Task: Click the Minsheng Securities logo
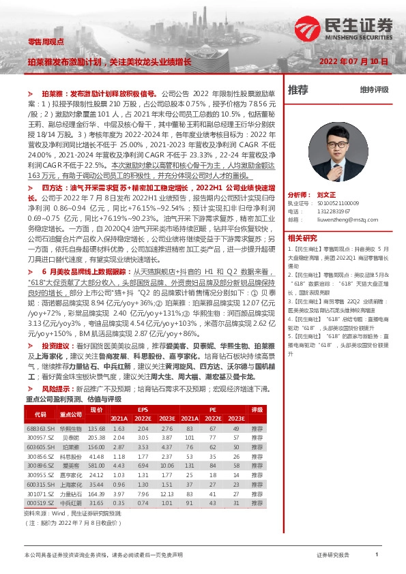point(344,28)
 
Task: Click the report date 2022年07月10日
point(353,61)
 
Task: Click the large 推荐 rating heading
point(298,90)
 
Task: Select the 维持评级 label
point(374,90)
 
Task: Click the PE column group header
point(212,409)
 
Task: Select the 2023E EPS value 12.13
point(166,494)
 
